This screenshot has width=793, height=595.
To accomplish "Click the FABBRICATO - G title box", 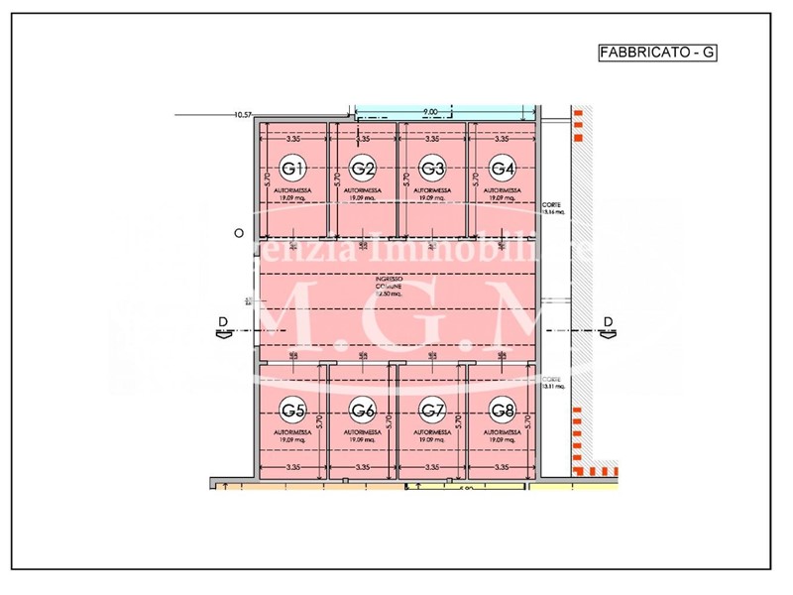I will (x=657, y=54).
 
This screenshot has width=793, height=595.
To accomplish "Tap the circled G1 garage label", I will (x=293, y=166).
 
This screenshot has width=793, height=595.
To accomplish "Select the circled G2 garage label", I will (x=363, y=166).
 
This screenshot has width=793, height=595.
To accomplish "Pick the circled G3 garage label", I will (x=432, y=166).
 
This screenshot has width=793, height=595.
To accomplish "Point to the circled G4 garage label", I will (x=503, y=166).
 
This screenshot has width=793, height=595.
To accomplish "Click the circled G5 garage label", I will (x=293, y=410).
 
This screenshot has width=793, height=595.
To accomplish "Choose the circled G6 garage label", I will (x=363, y=410).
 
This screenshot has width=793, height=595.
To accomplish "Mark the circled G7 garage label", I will (x=432, y=410).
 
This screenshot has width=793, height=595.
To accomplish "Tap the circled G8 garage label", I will (x=503, y=410).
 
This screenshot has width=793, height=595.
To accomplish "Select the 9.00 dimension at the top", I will (x=431, y=112).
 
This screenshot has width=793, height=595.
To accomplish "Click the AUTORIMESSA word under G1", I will (x=292, y=189).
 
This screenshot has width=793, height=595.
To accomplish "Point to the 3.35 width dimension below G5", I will (x=292, y=466).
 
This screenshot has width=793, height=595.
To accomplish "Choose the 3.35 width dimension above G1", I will (x=292, y=139).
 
